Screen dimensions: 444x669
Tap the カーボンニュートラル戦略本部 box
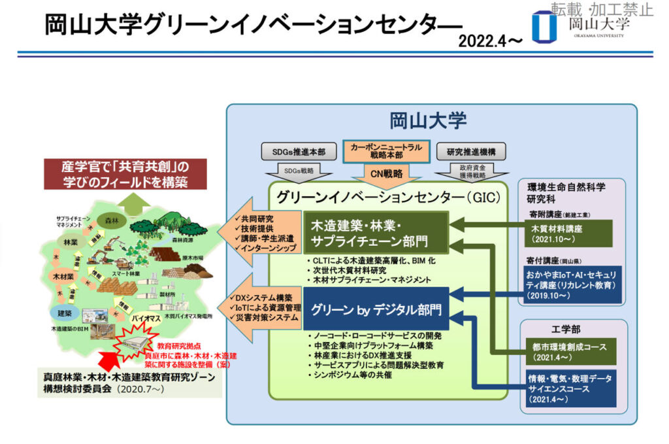pos(386,152)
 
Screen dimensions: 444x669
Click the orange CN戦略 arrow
pos(386,174)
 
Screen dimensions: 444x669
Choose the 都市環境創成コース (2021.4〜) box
pos(570,352)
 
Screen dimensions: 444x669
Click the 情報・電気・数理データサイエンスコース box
pos(570,388)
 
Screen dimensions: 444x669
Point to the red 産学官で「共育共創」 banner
pos(124,173)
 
